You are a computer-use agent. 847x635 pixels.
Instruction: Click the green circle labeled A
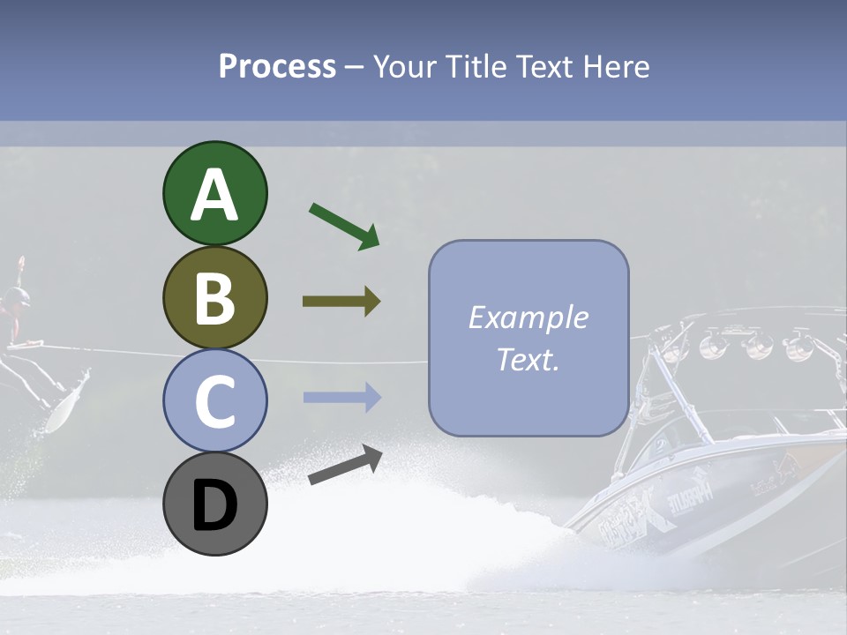pyautogui.click(x=214, y=194)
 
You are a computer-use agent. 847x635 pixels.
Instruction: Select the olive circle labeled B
pyautogui.click(x=214, y=298)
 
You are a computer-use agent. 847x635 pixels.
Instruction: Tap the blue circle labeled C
pyautogui.click(x=214, y=401)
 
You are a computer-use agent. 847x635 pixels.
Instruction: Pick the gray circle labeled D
pyautogui.click(x=214, y=504)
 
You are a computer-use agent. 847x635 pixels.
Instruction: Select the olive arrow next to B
pyautogui.click(x=341, y=302)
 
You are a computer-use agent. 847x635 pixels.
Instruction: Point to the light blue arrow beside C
pyautogui.click(x=341, y=398)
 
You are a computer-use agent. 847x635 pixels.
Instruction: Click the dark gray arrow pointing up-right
pyautogui.click(x=345, y=465)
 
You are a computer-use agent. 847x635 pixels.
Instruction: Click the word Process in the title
pyautogui.click(x=277, y=66)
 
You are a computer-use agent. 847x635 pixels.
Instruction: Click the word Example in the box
pyautogui.click(x=528, y=317)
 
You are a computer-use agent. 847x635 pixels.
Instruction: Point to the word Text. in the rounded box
pyautogui.click(x=528, y=359)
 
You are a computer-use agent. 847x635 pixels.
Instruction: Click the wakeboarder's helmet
pyautogui.click(x=13, y=297)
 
